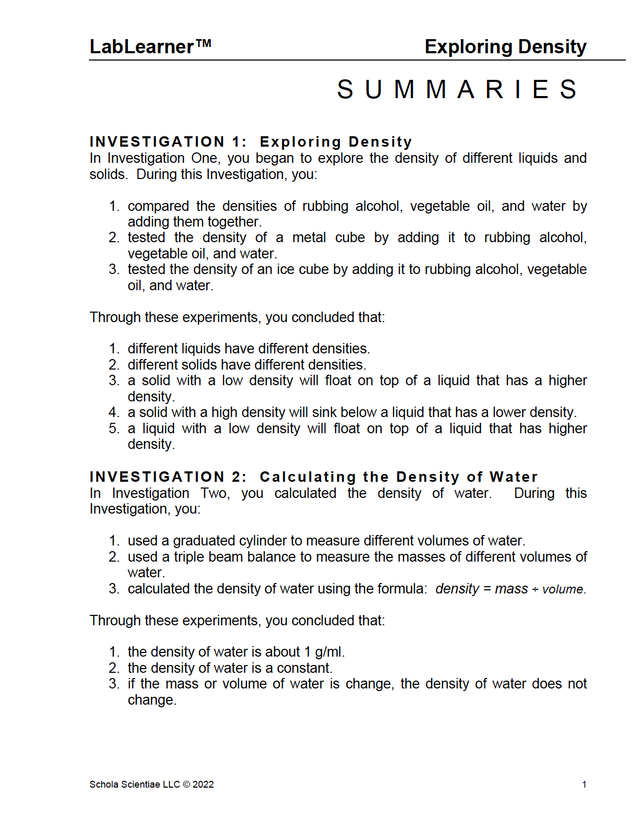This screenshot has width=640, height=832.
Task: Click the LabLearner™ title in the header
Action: pyautogui.click(x=150, y=47)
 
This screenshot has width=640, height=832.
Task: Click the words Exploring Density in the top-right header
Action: pyautogui.click(x=505, y=47)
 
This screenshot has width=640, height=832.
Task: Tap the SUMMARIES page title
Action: pyautogui.click(x=457, y=89)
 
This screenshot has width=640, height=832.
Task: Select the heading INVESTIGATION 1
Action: pyautogui.click(x=168, y=142)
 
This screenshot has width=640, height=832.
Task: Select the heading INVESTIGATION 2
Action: pyautogui.click(x=168, y=477)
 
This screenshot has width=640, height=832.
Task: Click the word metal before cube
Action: pyautogui.click(x=309, y=238)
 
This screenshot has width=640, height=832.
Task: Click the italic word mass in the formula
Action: pyautogui.click(x=511, y=589)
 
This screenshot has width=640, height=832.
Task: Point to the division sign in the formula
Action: pyautogui.click(x=535, y=590)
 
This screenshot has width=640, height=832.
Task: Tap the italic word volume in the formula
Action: pyautogui.click(x=562, y=590)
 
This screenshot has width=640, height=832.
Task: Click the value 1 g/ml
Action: pyautogui.click(x=323, y=652)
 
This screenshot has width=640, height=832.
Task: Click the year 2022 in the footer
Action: pyautogui.click(x=203, y=785)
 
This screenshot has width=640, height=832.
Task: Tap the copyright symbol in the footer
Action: pyautogui.click(x=186, y=785)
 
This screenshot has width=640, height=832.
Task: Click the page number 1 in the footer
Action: pyautogui.click(x=584, y=785)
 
